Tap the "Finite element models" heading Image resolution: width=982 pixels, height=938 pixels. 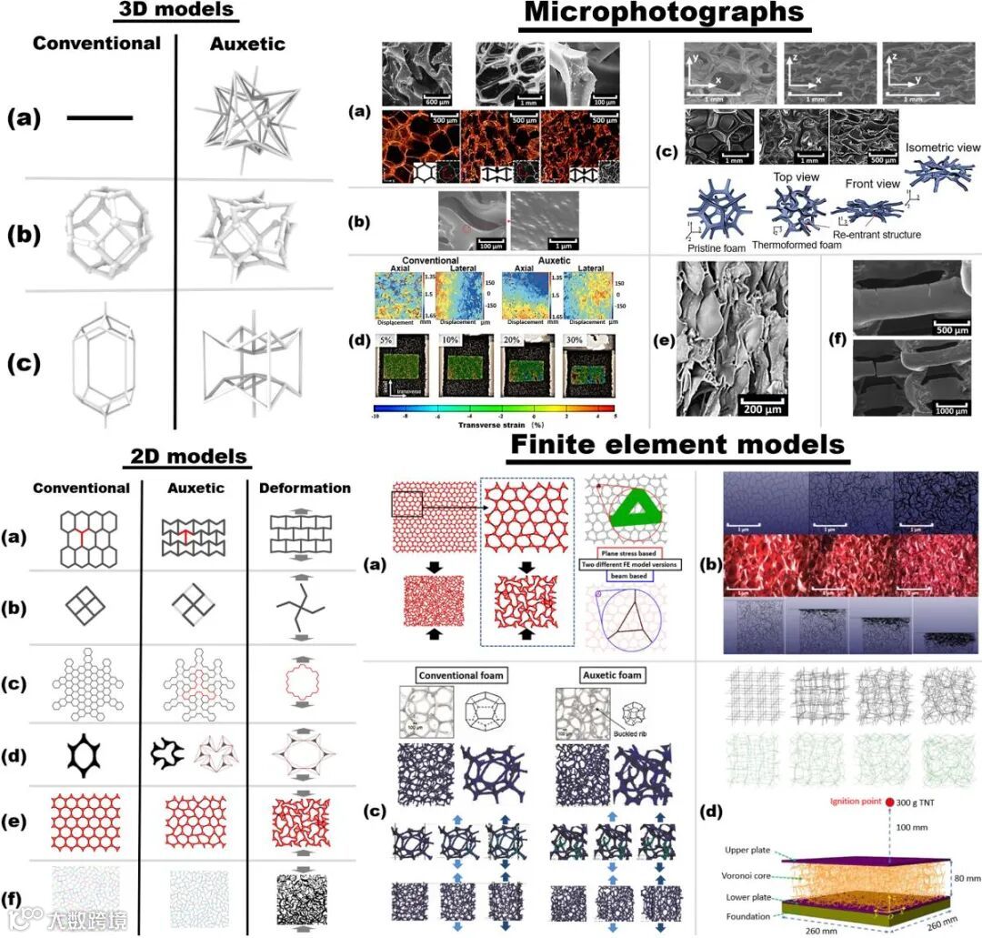tap(677, 445)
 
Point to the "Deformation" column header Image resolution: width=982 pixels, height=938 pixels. tap(305, 488)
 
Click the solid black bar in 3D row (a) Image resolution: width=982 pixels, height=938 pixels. tap(99, 117)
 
